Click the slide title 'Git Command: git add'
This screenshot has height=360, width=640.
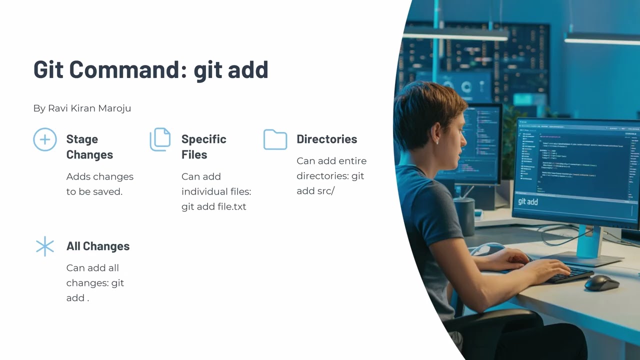[x=150, y=69]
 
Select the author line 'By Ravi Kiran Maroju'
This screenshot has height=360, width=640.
[x=82, y=108]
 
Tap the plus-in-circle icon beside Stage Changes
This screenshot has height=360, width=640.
[x=45, y=139]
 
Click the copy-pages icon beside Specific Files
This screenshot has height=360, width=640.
[x=160, y=139]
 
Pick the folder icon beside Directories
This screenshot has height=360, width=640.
[x=275, y=139]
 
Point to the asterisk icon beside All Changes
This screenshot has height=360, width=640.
[x=45, y=246]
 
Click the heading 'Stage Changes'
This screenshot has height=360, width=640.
[x=89, y=147]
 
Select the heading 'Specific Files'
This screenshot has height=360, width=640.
[x=203, y=147]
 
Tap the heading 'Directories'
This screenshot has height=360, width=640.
[x=326, y=139]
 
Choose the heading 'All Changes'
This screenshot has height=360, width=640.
[x=98, y=246]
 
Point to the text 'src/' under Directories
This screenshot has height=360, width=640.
[x=325, y=191]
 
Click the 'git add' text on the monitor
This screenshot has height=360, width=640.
[x=528, y=202]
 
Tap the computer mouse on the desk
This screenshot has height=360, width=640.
[x=601, y=283]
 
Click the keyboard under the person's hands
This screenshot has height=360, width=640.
[x=570, y=274]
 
